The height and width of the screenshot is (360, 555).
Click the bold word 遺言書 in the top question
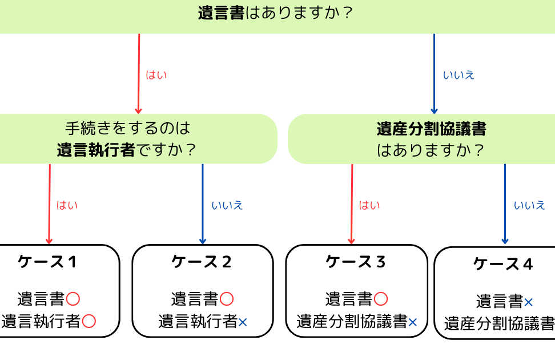[222, 13]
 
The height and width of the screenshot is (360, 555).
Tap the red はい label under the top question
[156, 75]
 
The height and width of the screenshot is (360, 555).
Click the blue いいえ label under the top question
[459, 75]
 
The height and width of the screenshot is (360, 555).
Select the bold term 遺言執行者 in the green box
[96, 150]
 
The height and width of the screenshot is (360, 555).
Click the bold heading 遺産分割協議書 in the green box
[431, 129]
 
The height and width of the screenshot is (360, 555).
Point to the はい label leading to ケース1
[67, 205]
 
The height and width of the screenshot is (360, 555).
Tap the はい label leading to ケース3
[369, 205]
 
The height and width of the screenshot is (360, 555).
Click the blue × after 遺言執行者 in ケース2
[243, 322]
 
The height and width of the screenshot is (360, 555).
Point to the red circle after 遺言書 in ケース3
[381, 298]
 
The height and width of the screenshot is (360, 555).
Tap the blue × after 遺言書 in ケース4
[529, 302]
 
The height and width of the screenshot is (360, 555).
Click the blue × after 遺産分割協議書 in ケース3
[413, 322]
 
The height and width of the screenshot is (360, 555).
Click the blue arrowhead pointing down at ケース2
[203, 241]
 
